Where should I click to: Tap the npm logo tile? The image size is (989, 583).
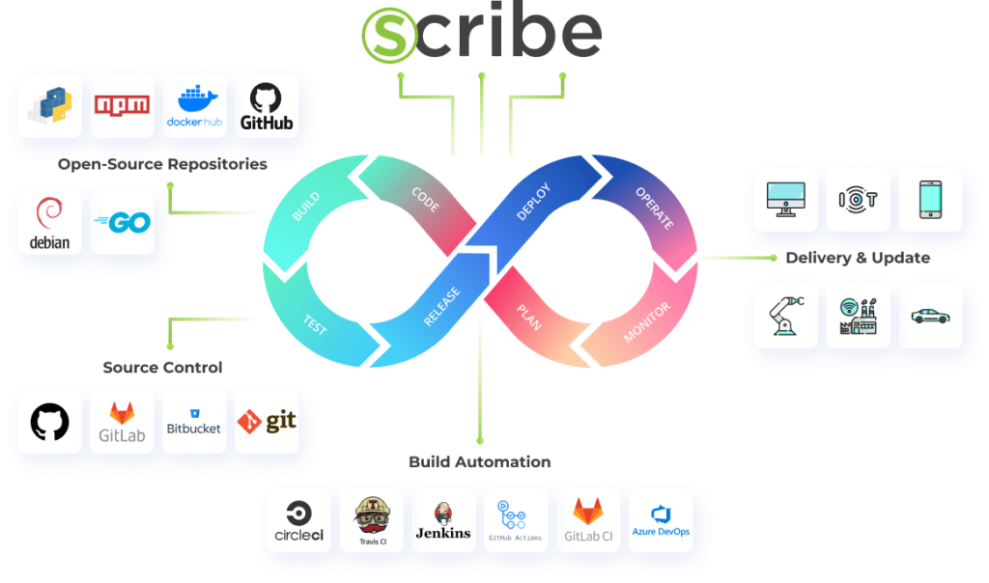(122, 105)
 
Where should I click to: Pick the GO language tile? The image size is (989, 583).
(122, 222)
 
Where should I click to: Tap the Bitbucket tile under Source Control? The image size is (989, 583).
(194, 422)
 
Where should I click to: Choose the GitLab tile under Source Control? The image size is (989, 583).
(122, 422)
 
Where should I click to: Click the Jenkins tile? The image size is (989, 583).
(443, 520)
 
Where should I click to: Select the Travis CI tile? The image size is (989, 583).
(371, 520)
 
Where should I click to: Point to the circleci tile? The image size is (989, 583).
(298, 520)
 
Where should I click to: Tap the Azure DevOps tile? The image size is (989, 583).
(661, 520)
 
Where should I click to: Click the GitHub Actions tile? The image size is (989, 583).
(516, 520)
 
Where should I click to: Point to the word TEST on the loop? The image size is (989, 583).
(315, 325)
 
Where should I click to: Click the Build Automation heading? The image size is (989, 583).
(480, 462)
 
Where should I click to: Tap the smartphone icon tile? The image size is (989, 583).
(930, 199)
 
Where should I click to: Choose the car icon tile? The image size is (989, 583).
(930, 316)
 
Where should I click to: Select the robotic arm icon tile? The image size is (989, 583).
(785, 316)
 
